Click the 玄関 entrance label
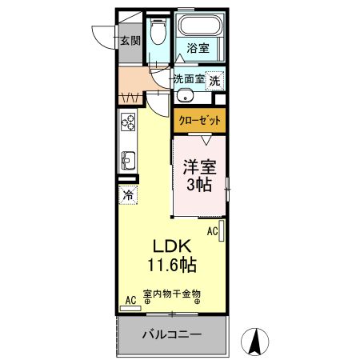point(130,41)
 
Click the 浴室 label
point(198,49)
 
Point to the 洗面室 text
point(189,79)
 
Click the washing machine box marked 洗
point(214,80)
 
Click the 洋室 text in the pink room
point(198,168)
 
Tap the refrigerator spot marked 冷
point(128,194)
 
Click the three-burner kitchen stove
point(128,122)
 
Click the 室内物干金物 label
point(171,294)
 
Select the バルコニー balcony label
point(172,334)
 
